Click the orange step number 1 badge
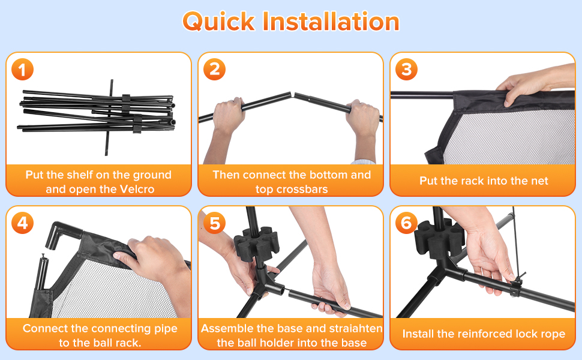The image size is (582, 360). (22, 70)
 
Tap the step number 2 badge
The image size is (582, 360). (215, 70)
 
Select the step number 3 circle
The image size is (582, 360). (406, 70)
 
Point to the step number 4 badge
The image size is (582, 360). (22, 223)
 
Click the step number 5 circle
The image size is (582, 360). (215, 223)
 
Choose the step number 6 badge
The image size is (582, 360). (406, 223)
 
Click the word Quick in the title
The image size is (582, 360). (218, 21)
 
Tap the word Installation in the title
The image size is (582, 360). (331, 21)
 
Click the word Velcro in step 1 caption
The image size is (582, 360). (137, 189)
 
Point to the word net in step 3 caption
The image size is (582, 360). (539, 181)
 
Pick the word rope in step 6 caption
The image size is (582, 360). (553, 334)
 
